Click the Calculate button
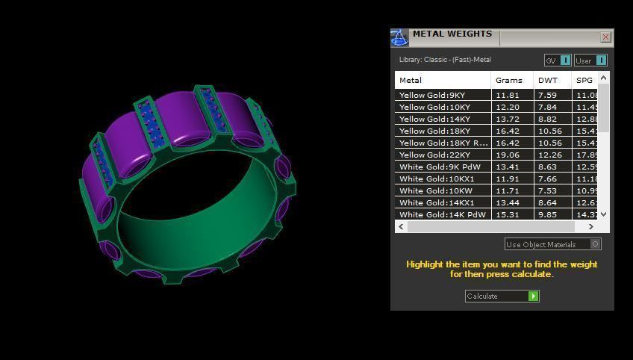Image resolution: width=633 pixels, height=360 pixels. (502, 297)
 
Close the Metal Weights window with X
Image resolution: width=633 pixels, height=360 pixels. (605, 37)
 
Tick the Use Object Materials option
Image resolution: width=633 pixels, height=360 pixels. (595, 244)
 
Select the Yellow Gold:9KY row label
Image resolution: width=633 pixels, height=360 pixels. (432, 95)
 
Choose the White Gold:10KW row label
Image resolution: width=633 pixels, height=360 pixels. (437, 190)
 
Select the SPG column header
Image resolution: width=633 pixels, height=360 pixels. (584, 80)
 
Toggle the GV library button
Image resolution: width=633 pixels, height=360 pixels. (558, 60)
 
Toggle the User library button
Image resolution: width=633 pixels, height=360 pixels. (590, 60)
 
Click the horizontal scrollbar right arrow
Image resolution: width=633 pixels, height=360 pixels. (591, 226)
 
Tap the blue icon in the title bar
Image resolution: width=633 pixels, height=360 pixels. (399, 37)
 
